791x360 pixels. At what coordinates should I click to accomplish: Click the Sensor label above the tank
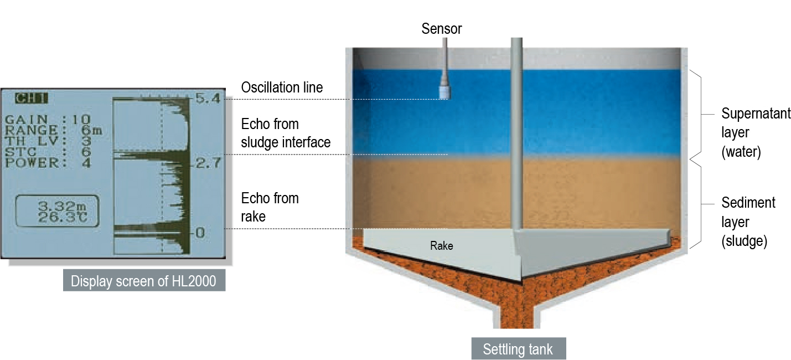441,28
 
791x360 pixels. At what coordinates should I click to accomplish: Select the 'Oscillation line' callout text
282,88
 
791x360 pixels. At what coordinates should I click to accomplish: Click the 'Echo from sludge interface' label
286,133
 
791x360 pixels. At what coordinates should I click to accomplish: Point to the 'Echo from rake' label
270,207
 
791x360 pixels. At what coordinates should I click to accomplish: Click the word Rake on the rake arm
441,245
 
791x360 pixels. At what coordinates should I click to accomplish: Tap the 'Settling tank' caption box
517,349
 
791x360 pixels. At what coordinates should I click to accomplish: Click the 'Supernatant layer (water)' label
756,133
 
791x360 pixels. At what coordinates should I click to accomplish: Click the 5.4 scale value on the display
208,100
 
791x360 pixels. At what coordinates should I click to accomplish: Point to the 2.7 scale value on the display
208,163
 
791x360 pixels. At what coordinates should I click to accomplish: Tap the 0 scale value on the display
200,233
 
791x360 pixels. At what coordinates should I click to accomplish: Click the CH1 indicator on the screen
32,99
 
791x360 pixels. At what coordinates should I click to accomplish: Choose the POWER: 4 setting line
49,163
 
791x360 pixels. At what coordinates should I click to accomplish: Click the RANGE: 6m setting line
54,131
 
